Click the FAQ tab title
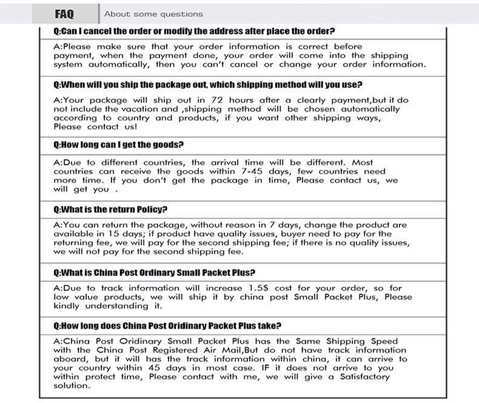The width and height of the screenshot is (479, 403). click(64, 13)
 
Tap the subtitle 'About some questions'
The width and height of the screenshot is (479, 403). click(153, 14)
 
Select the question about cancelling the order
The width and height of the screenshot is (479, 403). click(194, 31)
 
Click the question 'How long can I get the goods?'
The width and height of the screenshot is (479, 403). click(119, 145)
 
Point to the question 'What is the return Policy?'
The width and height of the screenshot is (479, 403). click(110, 210)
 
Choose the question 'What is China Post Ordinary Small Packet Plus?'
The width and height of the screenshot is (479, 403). click(155, 273)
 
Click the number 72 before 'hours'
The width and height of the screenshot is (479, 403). click(218, 100)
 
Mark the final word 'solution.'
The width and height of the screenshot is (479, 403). click(72, 385)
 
